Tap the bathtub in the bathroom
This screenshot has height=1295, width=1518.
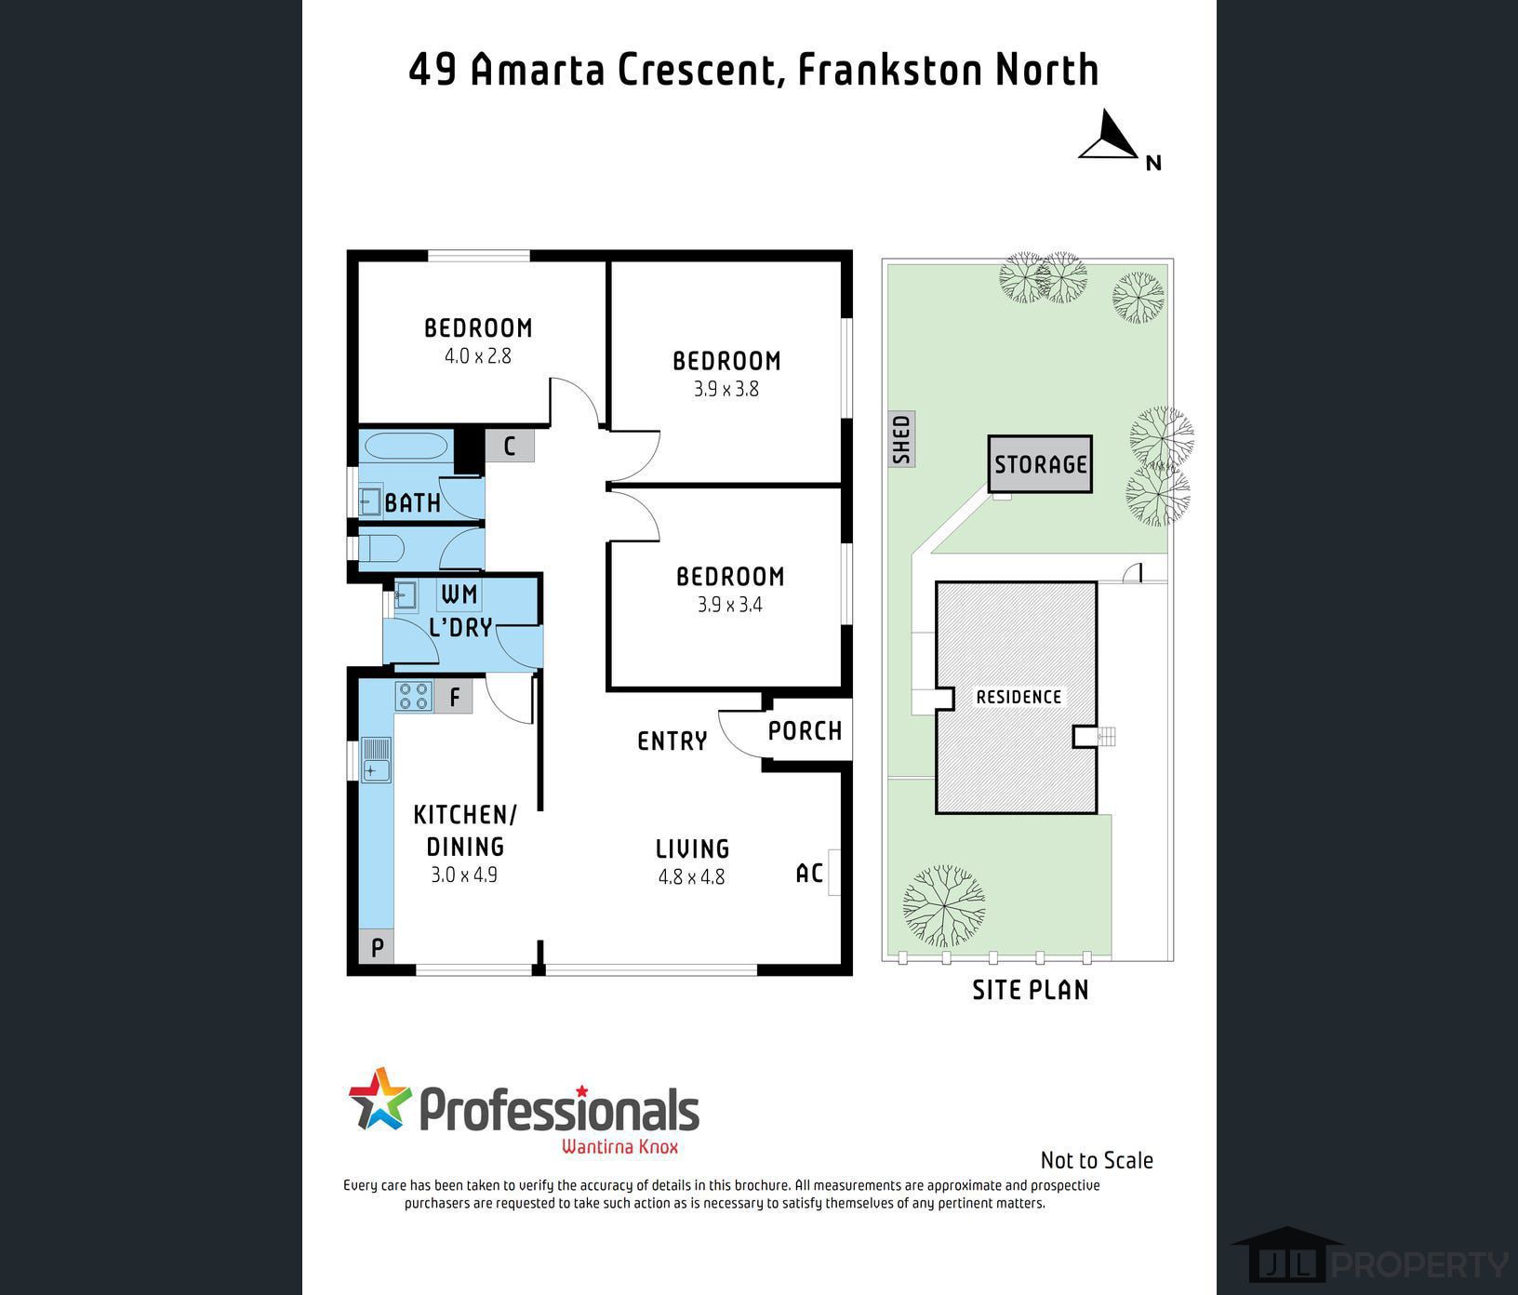(406, 446)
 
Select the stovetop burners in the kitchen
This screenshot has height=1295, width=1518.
(413, 696)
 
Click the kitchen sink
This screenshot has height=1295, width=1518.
(376, 760)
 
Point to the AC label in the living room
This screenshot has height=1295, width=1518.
(809, 873)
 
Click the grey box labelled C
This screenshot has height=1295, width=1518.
(510, 447)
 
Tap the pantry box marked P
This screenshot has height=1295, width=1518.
(377, 947)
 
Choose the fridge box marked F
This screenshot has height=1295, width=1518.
(455, 697)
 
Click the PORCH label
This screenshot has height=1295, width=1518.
(806, 731)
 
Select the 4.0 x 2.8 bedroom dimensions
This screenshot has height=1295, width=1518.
(478, 355)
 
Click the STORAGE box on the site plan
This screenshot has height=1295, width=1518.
(1040, 464)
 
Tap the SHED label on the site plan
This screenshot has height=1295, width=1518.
(901, 439)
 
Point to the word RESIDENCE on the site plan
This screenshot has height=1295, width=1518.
(1019, 697)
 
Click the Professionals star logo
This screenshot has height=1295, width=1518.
(379, 1099)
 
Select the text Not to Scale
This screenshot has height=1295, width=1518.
(1097, 1160)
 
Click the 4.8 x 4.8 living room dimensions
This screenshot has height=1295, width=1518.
(691, 876)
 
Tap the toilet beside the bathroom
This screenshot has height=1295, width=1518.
(382, 548)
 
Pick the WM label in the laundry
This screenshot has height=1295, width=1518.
(459, 594)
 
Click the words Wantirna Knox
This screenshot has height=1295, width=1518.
(620, 1146)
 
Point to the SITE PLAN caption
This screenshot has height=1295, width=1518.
(1031, 990)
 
